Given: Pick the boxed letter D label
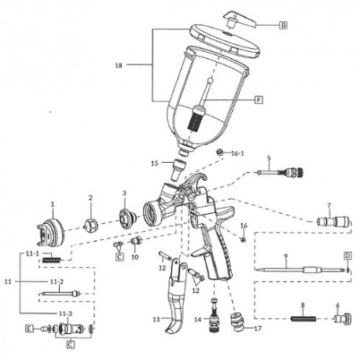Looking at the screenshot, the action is (346, 256).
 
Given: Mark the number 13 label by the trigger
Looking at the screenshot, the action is (156, 320).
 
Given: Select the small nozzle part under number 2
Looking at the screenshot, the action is (91, 224).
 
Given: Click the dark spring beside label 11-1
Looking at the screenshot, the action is (53, 259).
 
